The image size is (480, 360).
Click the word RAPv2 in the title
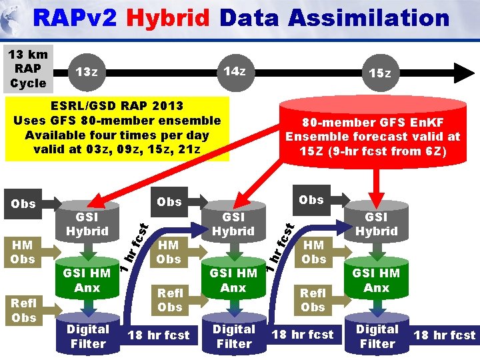(x=74, y=18)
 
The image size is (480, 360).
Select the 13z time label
(x=87, y=72)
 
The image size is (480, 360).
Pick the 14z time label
(x=234, y=71)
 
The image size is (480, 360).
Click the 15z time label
(x=381, y=73)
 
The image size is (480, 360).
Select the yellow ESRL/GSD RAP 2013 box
(x=117, y=127)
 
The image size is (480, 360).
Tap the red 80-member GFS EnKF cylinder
(x=373, y=137)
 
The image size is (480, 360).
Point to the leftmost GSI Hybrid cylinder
(x=87, y=224)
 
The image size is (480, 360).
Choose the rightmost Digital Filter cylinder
(x=377, y=336)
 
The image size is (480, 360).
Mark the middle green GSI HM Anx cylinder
(x=233, y=280)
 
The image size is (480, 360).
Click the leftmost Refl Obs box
(x=24, y=310)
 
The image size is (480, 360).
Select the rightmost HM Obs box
(x=314, y=252)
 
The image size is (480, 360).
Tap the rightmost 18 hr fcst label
(x=445, y=335)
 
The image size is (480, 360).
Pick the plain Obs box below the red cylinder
(x=311, y=199)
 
